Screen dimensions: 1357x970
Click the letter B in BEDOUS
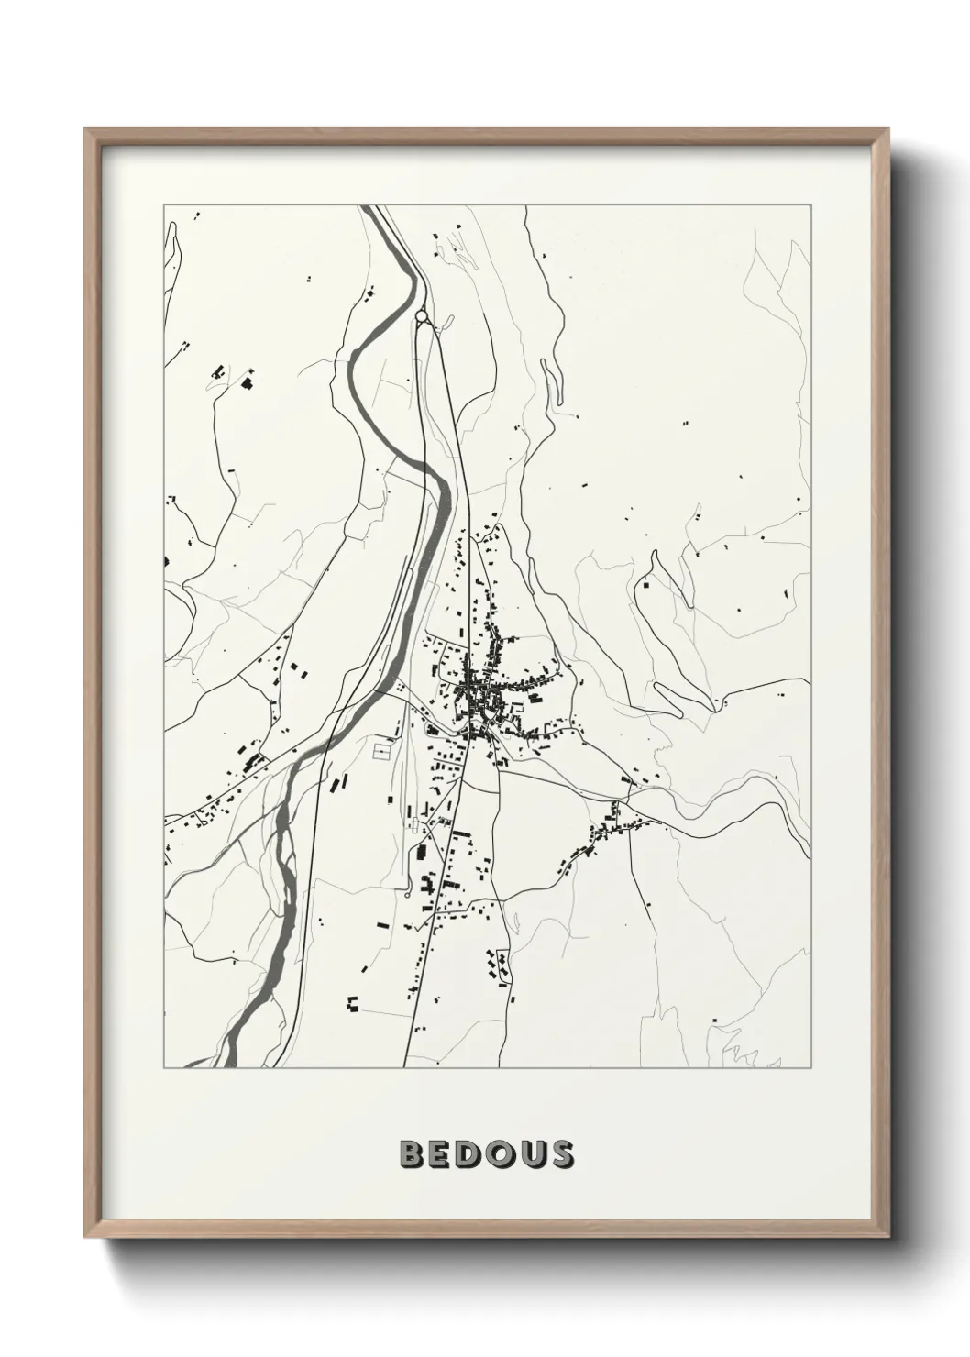tap(413, 1154)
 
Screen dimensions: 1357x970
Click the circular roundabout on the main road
tap(421, 317)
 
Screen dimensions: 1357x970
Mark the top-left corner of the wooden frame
tap(85, 128)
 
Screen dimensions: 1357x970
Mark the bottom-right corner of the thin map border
tap(812, 1068)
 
